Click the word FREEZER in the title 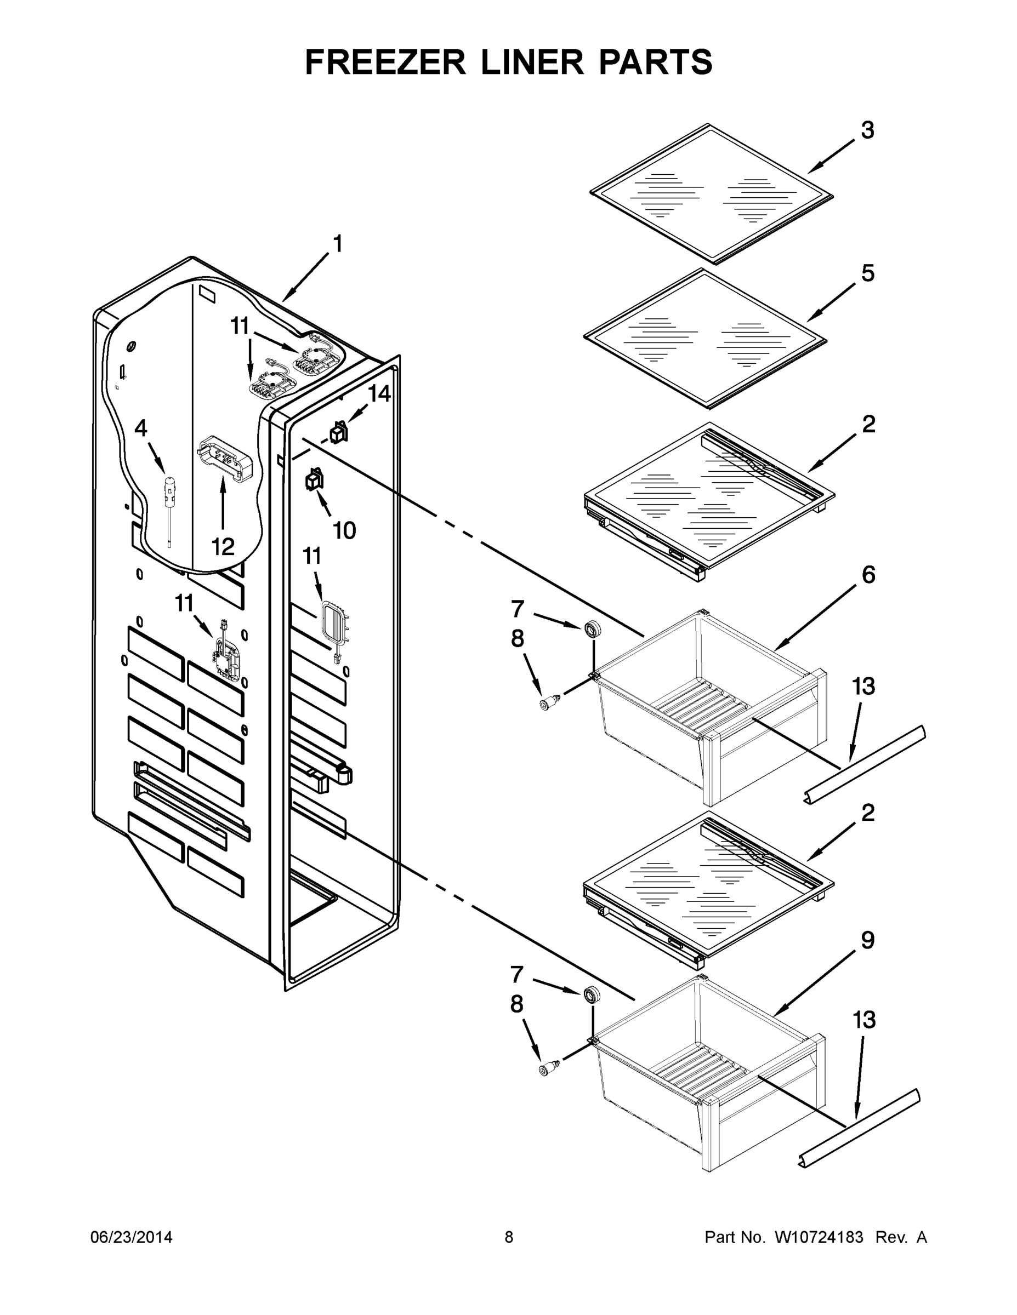click(x=385, y=62)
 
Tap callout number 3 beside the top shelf click(x=867, y=130)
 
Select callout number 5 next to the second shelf click(x=867, y=273)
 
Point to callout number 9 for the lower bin click(x=867, y=940)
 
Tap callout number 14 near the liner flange click(x=379, y=394)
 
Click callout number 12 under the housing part click(x=223, y=547)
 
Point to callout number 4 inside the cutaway click(x=140, y=428)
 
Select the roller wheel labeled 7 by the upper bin click(x=592, y=630)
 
